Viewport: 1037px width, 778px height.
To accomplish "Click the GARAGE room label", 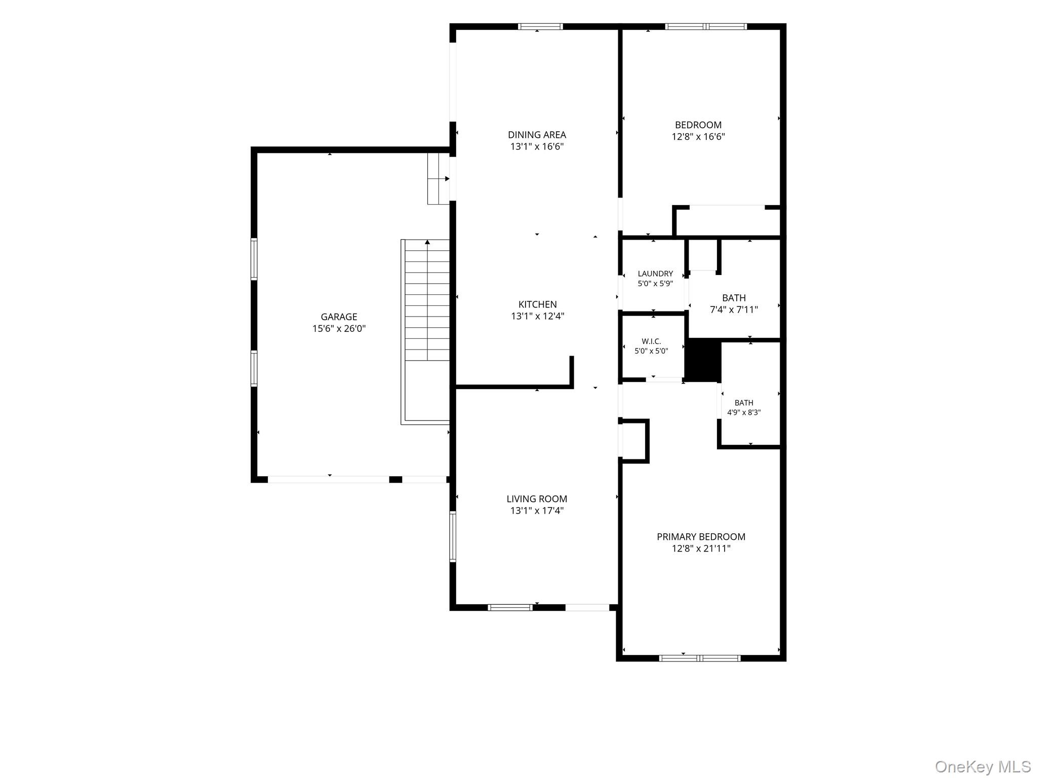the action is pos(339,317).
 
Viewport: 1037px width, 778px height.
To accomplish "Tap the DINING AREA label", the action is pos(537,135).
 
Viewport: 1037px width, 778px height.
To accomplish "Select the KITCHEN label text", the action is pos(537,304).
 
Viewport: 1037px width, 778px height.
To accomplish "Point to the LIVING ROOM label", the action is pos(537,499).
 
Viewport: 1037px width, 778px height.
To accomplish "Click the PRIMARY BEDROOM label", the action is pos(701,537).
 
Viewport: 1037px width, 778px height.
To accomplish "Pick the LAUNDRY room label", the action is pos(655,274).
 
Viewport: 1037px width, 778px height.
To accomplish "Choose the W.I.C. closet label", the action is pos(651,341).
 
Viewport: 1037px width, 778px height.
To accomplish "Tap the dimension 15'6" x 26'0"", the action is pos(339,329).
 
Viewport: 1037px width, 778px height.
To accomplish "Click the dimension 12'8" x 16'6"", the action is pos(698,137).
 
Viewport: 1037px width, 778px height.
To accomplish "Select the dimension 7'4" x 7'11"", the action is pos(734,309).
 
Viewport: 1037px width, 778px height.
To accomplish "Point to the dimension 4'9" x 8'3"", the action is pos(744,412).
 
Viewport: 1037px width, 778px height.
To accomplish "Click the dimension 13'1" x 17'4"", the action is pos(537,511).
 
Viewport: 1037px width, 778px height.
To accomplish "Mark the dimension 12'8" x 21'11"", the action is pos(701,549).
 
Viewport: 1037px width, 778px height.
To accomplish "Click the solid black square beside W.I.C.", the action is pos(703,361).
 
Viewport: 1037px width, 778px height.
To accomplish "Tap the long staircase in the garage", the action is pos(426,332).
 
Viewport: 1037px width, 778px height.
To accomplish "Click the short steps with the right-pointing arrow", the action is pos(438,179).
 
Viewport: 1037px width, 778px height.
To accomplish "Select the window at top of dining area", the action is pos(540,27).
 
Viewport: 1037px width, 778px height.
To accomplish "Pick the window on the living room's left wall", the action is pos(453,536).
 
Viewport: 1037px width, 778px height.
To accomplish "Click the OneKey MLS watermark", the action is pos(982,766).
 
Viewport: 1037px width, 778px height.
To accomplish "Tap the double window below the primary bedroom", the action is pos(700,658).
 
